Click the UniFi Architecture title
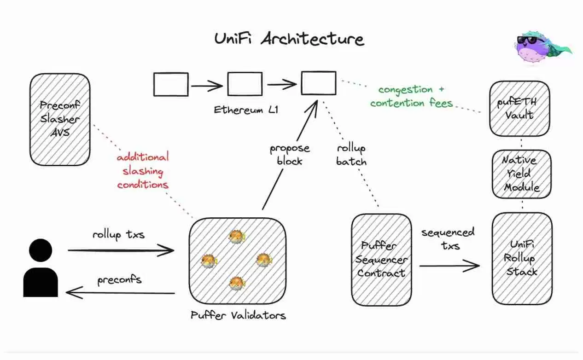coord(289,39)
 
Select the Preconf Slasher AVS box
coord(60,120)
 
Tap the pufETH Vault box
coord(520,109)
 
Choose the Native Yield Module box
coord(520,174)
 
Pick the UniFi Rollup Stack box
coord(521,258)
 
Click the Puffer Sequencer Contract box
coord(381,260)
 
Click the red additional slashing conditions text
coord(143,171)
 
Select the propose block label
coord(290,155)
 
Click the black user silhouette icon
coord(41,269)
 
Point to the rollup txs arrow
coord(121,251)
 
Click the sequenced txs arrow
coord(449,266)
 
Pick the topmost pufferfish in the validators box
coord(237,236)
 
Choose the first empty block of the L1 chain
coord(171,85)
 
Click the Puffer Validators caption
coord(238,315)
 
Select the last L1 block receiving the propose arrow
coord(318,83)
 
